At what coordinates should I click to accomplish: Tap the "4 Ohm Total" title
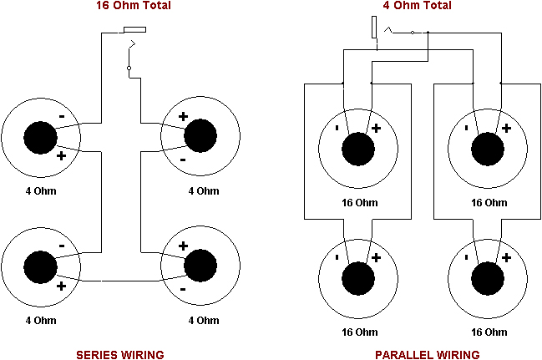(418, 6)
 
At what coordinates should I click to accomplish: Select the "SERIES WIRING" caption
(119, 354)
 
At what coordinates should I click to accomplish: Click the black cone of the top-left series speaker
(39, 137)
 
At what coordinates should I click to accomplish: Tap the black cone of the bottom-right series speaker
(200, 267)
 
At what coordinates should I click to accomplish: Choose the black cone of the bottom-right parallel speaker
(488, 276)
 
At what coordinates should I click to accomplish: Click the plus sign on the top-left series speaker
(61, 156)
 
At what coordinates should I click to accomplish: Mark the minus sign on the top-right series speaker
(183, 158)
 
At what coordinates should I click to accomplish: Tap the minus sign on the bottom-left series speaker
(62, 246)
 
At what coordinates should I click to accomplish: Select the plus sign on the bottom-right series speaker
(183, 246)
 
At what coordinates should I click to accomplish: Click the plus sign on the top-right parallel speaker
(505, 128)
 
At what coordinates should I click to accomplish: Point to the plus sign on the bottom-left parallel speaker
(376, 256)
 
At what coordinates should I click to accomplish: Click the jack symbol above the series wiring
(134, 31)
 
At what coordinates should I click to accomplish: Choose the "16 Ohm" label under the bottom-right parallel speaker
(489, 331)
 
